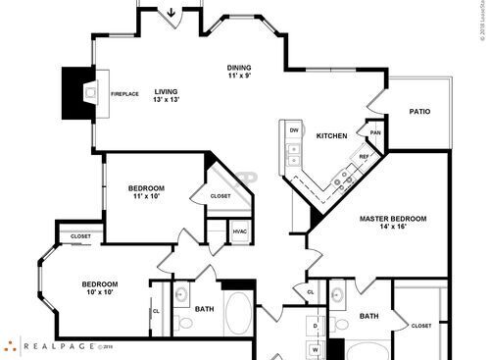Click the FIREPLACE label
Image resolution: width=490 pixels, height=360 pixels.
click(124, 94)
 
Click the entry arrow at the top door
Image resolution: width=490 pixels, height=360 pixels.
click(172, 13)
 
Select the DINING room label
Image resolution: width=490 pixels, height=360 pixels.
click(240, 68)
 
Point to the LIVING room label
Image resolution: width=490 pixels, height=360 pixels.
click(166, 91)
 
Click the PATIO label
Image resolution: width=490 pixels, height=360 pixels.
click(419, 112)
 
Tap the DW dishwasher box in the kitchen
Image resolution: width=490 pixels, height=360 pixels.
click(293, 129)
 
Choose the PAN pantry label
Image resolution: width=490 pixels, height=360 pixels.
click(374, 133)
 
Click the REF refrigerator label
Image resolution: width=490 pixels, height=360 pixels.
click(364, 156)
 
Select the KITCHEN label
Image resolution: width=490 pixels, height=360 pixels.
click(331, 135)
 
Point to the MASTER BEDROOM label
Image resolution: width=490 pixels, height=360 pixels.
click(392, 218)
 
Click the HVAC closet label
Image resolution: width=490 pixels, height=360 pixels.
click(239, 231)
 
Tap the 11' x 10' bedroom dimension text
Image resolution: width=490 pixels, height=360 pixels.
click(146, 196)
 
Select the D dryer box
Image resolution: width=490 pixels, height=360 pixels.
click(316, 323)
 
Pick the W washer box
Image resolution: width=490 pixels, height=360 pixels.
click(316, 348)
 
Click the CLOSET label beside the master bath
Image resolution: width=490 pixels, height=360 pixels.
click(421, 326)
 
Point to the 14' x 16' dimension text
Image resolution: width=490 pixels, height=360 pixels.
click(392, 227)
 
